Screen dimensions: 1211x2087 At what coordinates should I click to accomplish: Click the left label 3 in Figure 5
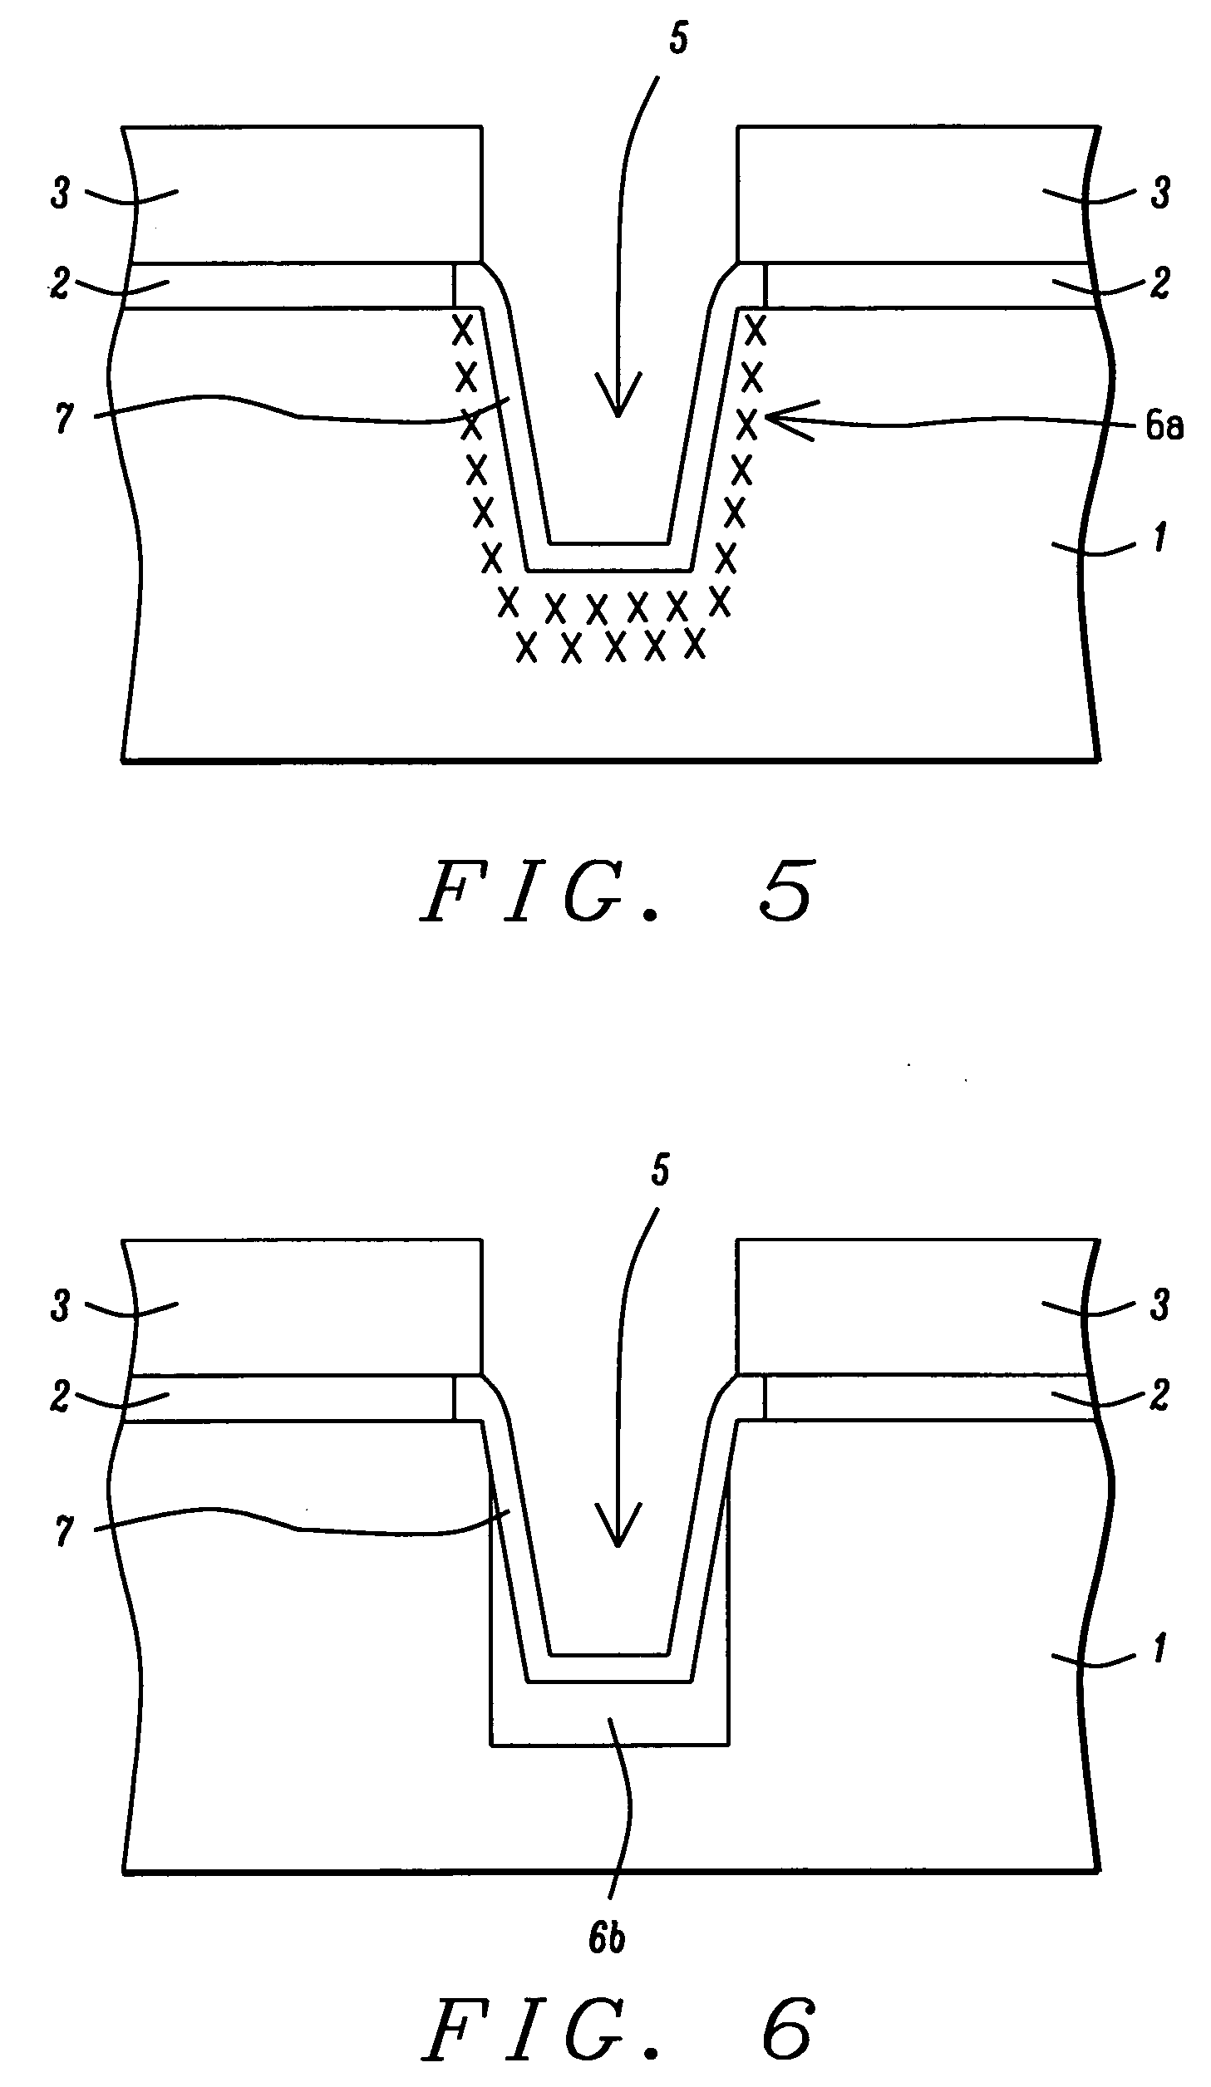coord(60,197)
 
